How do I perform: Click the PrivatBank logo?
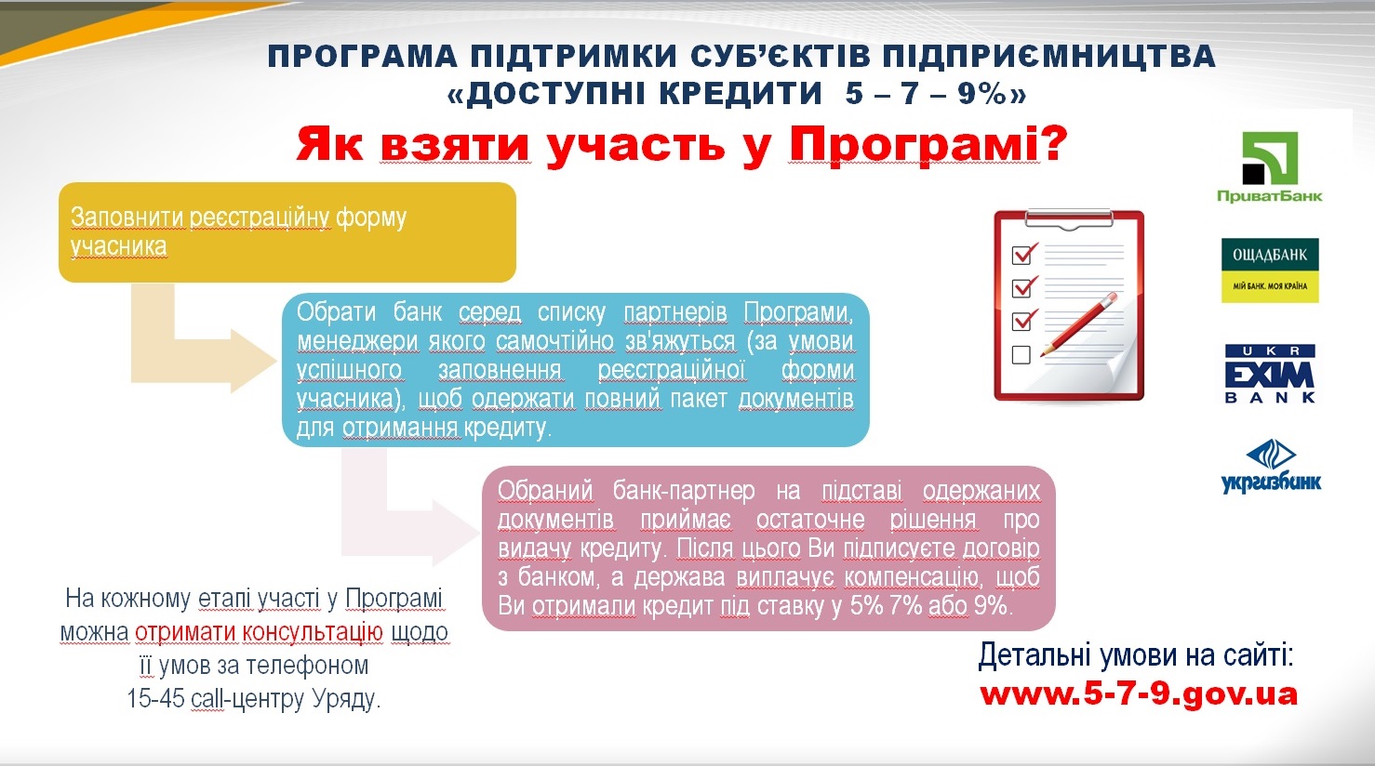(1270, 166)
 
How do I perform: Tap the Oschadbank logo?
(1270, 271)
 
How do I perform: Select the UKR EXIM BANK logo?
(1270, 374)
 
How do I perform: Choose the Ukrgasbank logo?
(1271, 467)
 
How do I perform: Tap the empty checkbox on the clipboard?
(1021, 354)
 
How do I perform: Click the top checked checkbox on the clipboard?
(1024, 253)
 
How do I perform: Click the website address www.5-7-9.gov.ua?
(1139, 694)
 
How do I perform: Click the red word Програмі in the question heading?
(914, 145)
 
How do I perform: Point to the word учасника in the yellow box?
(118, 246)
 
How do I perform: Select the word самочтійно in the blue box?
(554, 341)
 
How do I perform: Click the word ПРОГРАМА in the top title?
(362, 57)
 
